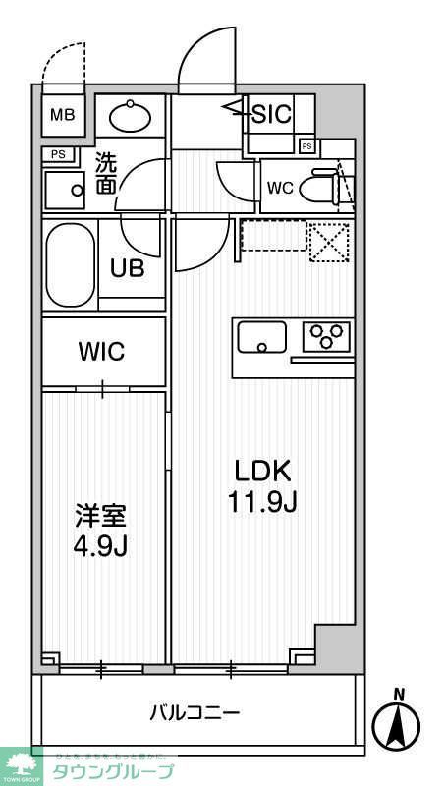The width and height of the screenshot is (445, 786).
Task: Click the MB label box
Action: tap(62, 114)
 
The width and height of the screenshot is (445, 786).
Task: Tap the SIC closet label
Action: tap(272, 114)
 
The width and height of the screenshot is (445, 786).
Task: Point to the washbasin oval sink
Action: tap(130, 117)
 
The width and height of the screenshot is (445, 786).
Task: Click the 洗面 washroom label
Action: tap(106, 173)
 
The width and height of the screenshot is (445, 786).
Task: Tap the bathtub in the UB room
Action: tap(69, 265)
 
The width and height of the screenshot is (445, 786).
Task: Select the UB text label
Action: tap(128, 267)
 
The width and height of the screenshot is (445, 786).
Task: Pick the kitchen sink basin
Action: tap(260, 338)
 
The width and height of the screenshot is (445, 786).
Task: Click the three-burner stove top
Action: tap(325, 336)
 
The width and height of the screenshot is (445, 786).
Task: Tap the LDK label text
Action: tap(261, 470)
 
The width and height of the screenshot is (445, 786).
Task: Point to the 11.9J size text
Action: tap(261, 502)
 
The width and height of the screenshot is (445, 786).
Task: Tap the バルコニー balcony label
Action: tap(195, 712)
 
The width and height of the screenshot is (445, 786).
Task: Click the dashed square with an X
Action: tap(328, 241)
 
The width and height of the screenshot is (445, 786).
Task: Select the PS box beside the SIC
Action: tap(306, 146)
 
